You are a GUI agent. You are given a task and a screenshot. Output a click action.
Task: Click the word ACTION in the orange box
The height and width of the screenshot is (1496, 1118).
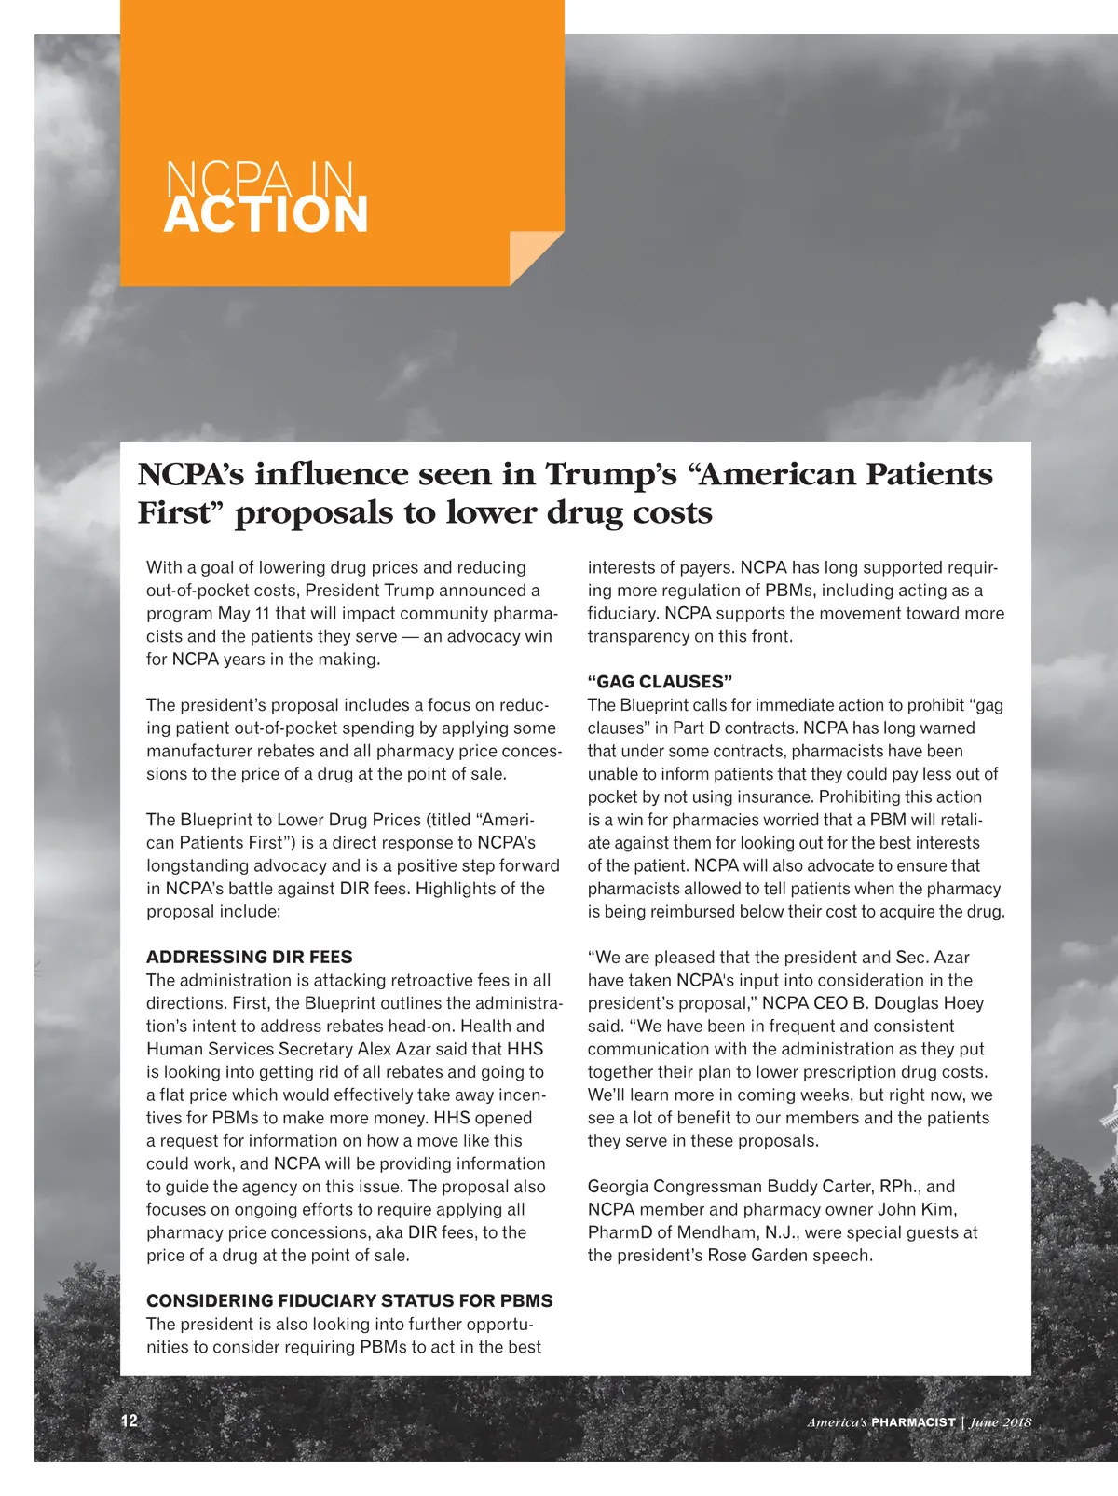coord(266,215)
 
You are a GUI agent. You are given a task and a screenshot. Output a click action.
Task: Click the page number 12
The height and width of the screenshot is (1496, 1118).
coord(130,1421)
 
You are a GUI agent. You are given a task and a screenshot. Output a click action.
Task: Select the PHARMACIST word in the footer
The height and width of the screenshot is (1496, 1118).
coord(913,1422)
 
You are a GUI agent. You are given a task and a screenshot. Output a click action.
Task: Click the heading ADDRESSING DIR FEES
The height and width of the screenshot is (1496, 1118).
coord(249,957)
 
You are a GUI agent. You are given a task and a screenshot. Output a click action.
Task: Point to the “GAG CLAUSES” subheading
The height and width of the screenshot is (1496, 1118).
coord(660,682)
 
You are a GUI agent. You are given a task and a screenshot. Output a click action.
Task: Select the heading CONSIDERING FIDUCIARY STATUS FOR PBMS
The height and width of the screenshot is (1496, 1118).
coord(349,1300)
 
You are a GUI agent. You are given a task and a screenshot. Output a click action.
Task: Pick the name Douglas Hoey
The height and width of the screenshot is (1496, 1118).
coord(927,1003)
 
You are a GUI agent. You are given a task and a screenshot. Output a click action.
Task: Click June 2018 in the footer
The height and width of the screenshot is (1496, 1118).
coord(1001,1422)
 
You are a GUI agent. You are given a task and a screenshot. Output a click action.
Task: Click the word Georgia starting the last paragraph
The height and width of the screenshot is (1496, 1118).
coord(618,1187)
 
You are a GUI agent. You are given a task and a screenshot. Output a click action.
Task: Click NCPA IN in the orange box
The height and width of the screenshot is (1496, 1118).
coord(259,178)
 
